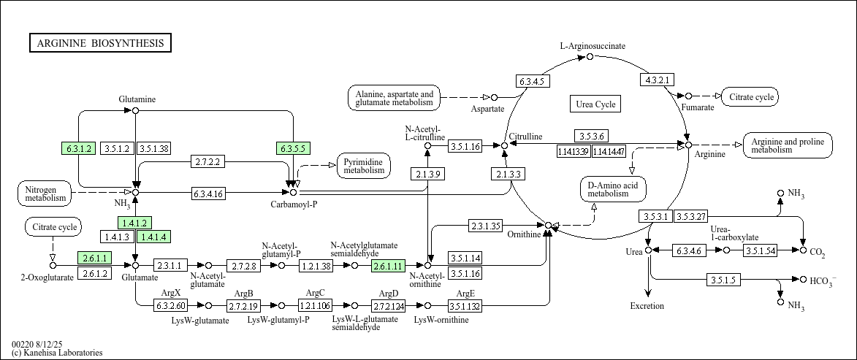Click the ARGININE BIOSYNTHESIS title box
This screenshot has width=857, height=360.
[101, 43]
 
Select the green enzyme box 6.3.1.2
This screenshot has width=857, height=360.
[79, 148]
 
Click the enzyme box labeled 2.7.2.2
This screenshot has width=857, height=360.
[207, 162]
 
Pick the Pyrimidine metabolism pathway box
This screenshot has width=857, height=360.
[364, 166]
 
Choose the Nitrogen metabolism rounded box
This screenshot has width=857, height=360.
[45, 193]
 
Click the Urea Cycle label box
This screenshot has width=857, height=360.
[595, 104]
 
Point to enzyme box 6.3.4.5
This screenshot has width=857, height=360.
[533, 81]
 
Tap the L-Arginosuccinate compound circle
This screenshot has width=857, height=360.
[590, 57]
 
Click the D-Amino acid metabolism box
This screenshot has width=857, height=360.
[613, 189]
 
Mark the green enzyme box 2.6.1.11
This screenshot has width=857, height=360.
[387, 266]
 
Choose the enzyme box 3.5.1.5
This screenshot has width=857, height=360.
[723, 280]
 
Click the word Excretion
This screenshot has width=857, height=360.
[647, 306]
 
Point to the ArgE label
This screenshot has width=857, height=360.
[465, 294]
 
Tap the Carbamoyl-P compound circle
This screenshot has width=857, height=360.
[294, 192]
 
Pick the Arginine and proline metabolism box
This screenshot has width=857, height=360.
[788, 145]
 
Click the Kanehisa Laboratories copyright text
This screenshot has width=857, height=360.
[57, 353]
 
